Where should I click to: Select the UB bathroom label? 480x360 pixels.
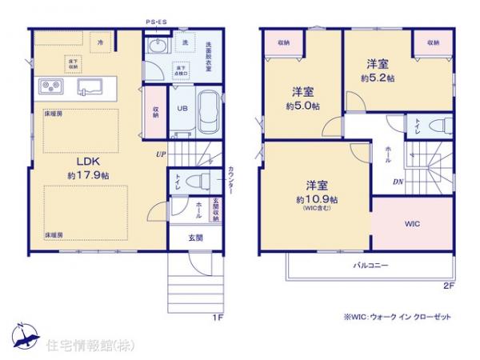coord(182,110)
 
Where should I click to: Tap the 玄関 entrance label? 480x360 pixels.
coord(195,237)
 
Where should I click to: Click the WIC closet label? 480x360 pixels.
coord(413,223)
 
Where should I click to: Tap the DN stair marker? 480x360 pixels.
coord(398,182)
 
